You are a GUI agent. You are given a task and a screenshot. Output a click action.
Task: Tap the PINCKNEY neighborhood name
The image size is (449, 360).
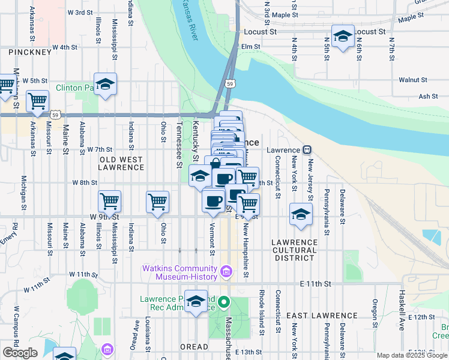point(30,53)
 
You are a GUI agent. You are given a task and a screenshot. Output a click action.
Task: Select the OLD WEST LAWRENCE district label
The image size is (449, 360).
point(122,163)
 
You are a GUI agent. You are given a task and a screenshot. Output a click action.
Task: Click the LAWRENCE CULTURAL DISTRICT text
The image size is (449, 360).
point(294,250)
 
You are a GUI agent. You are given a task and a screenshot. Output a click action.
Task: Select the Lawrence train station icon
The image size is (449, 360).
point(306,150)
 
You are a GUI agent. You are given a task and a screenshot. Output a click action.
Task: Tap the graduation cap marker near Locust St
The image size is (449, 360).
point(343,36)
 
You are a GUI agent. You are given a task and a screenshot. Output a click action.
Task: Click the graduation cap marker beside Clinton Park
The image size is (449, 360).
point(105,85)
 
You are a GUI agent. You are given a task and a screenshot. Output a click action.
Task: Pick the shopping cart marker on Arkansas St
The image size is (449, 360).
point(37,101)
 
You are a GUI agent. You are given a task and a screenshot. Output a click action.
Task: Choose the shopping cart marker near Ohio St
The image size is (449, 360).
point(157,201)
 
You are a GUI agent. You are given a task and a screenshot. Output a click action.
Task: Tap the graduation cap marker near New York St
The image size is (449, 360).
point(301,214)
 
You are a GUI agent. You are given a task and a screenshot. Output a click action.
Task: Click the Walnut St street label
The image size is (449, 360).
point(412,80)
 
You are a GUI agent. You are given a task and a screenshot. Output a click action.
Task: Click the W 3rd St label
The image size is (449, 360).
point(80,12)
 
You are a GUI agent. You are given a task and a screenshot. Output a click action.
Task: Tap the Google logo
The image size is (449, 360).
point(20,353)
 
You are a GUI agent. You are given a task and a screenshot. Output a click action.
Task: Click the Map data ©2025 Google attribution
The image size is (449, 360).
point(412,355)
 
